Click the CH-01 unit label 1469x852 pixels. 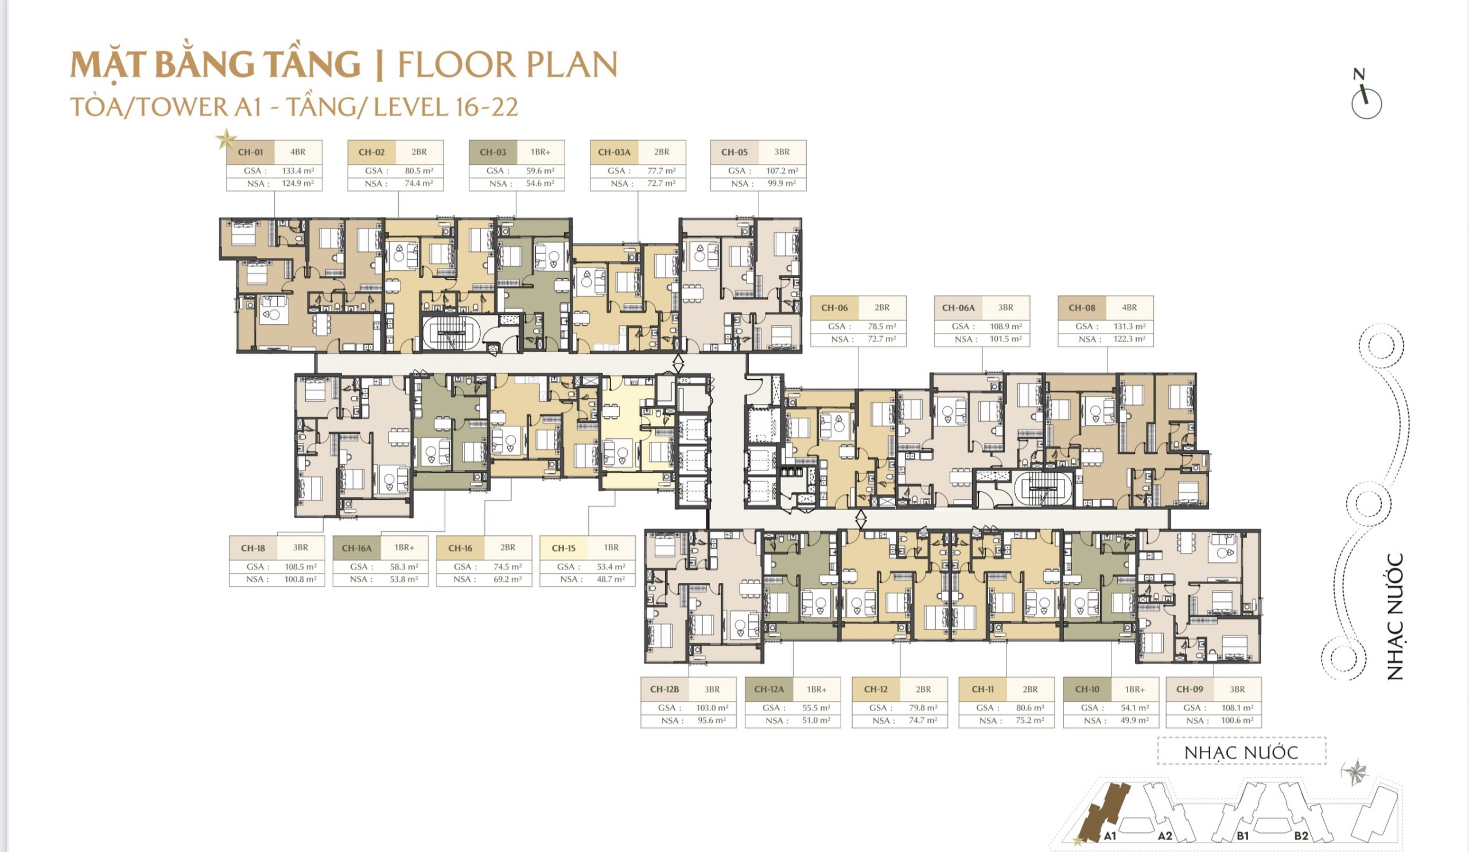point(250,152)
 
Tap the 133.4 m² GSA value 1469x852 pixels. point(298,171)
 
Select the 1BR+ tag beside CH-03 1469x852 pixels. point(541,152)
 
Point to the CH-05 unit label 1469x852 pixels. point(734,152)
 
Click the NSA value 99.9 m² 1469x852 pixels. point(782,184)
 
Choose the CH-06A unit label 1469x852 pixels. point(958,308)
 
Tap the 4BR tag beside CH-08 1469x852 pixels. point(1129,308)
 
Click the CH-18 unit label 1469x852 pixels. point(253,548)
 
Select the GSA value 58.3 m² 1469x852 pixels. point(404,566)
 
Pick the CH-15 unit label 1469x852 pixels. point(563,548)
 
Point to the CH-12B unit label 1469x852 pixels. point(664,689)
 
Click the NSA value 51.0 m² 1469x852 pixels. point(816,721)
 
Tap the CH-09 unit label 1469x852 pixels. point(1189,689)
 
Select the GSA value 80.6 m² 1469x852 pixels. point(1030,708)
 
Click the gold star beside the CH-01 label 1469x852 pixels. point(226,139)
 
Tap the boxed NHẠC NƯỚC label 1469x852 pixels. point(1241,752)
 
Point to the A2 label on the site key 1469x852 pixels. point(1165,837)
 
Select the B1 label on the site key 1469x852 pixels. point(1242,837)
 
